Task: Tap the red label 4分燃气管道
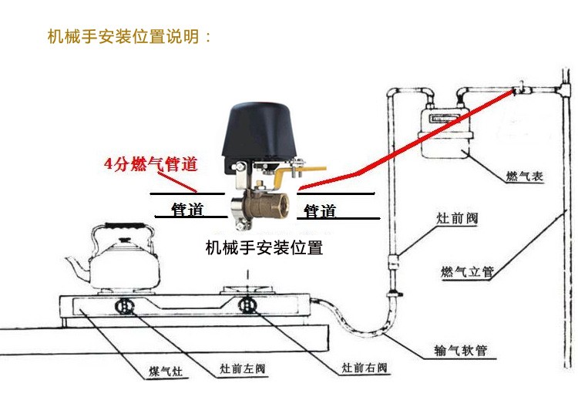point(151,164)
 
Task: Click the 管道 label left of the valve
point(187,210)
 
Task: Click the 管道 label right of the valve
point(320,210)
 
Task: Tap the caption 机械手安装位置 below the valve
point(264,247)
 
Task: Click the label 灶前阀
point(458,219)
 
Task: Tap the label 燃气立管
point(467,271)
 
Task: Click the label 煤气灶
point(166,371)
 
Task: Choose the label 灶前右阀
point(362,368)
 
